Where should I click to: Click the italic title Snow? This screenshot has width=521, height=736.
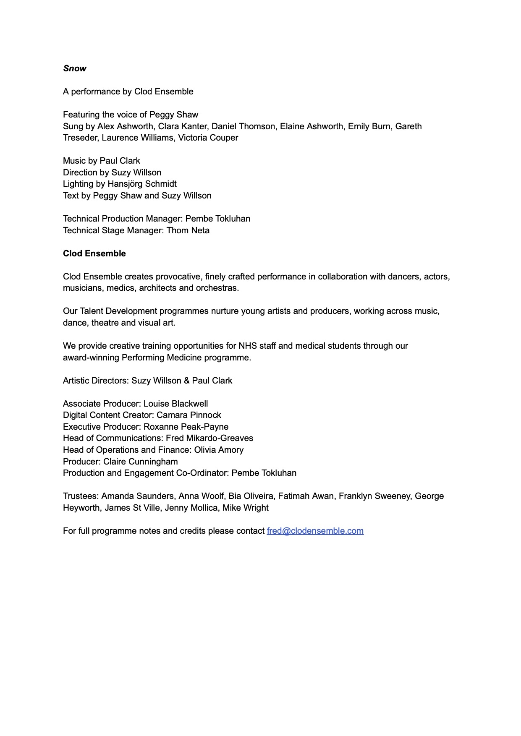[75, 68]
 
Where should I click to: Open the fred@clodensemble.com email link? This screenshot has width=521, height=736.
[315, 531]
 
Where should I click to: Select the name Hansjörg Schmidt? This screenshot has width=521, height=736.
[142, 184]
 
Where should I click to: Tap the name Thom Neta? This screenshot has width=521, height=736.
[188, 230]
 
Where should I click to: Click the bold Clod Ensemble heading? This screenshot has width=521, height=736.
[94, 253]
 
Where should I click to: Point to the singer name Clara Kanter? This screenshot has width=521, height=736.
[182, 126]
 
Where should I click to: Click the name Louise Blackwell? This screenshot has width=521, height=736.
[175, 404]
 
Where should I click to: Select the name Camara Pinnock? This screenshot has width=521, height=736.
[189, 415]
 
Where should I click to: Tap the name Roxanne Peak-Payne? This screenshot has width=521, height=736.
[186, 427]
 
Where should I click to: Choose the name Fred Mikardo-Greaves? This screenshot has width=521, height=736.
[209, 438]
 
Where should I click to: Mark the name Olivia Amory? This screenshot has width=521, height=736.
[219, 450]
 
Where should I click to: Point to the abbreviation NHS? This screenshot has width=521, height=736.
[248, 346]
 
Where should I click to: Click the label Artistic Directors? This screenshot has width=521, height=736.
[96, 381]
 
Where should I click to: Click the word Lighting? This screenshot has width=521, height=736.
[78, 184]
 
